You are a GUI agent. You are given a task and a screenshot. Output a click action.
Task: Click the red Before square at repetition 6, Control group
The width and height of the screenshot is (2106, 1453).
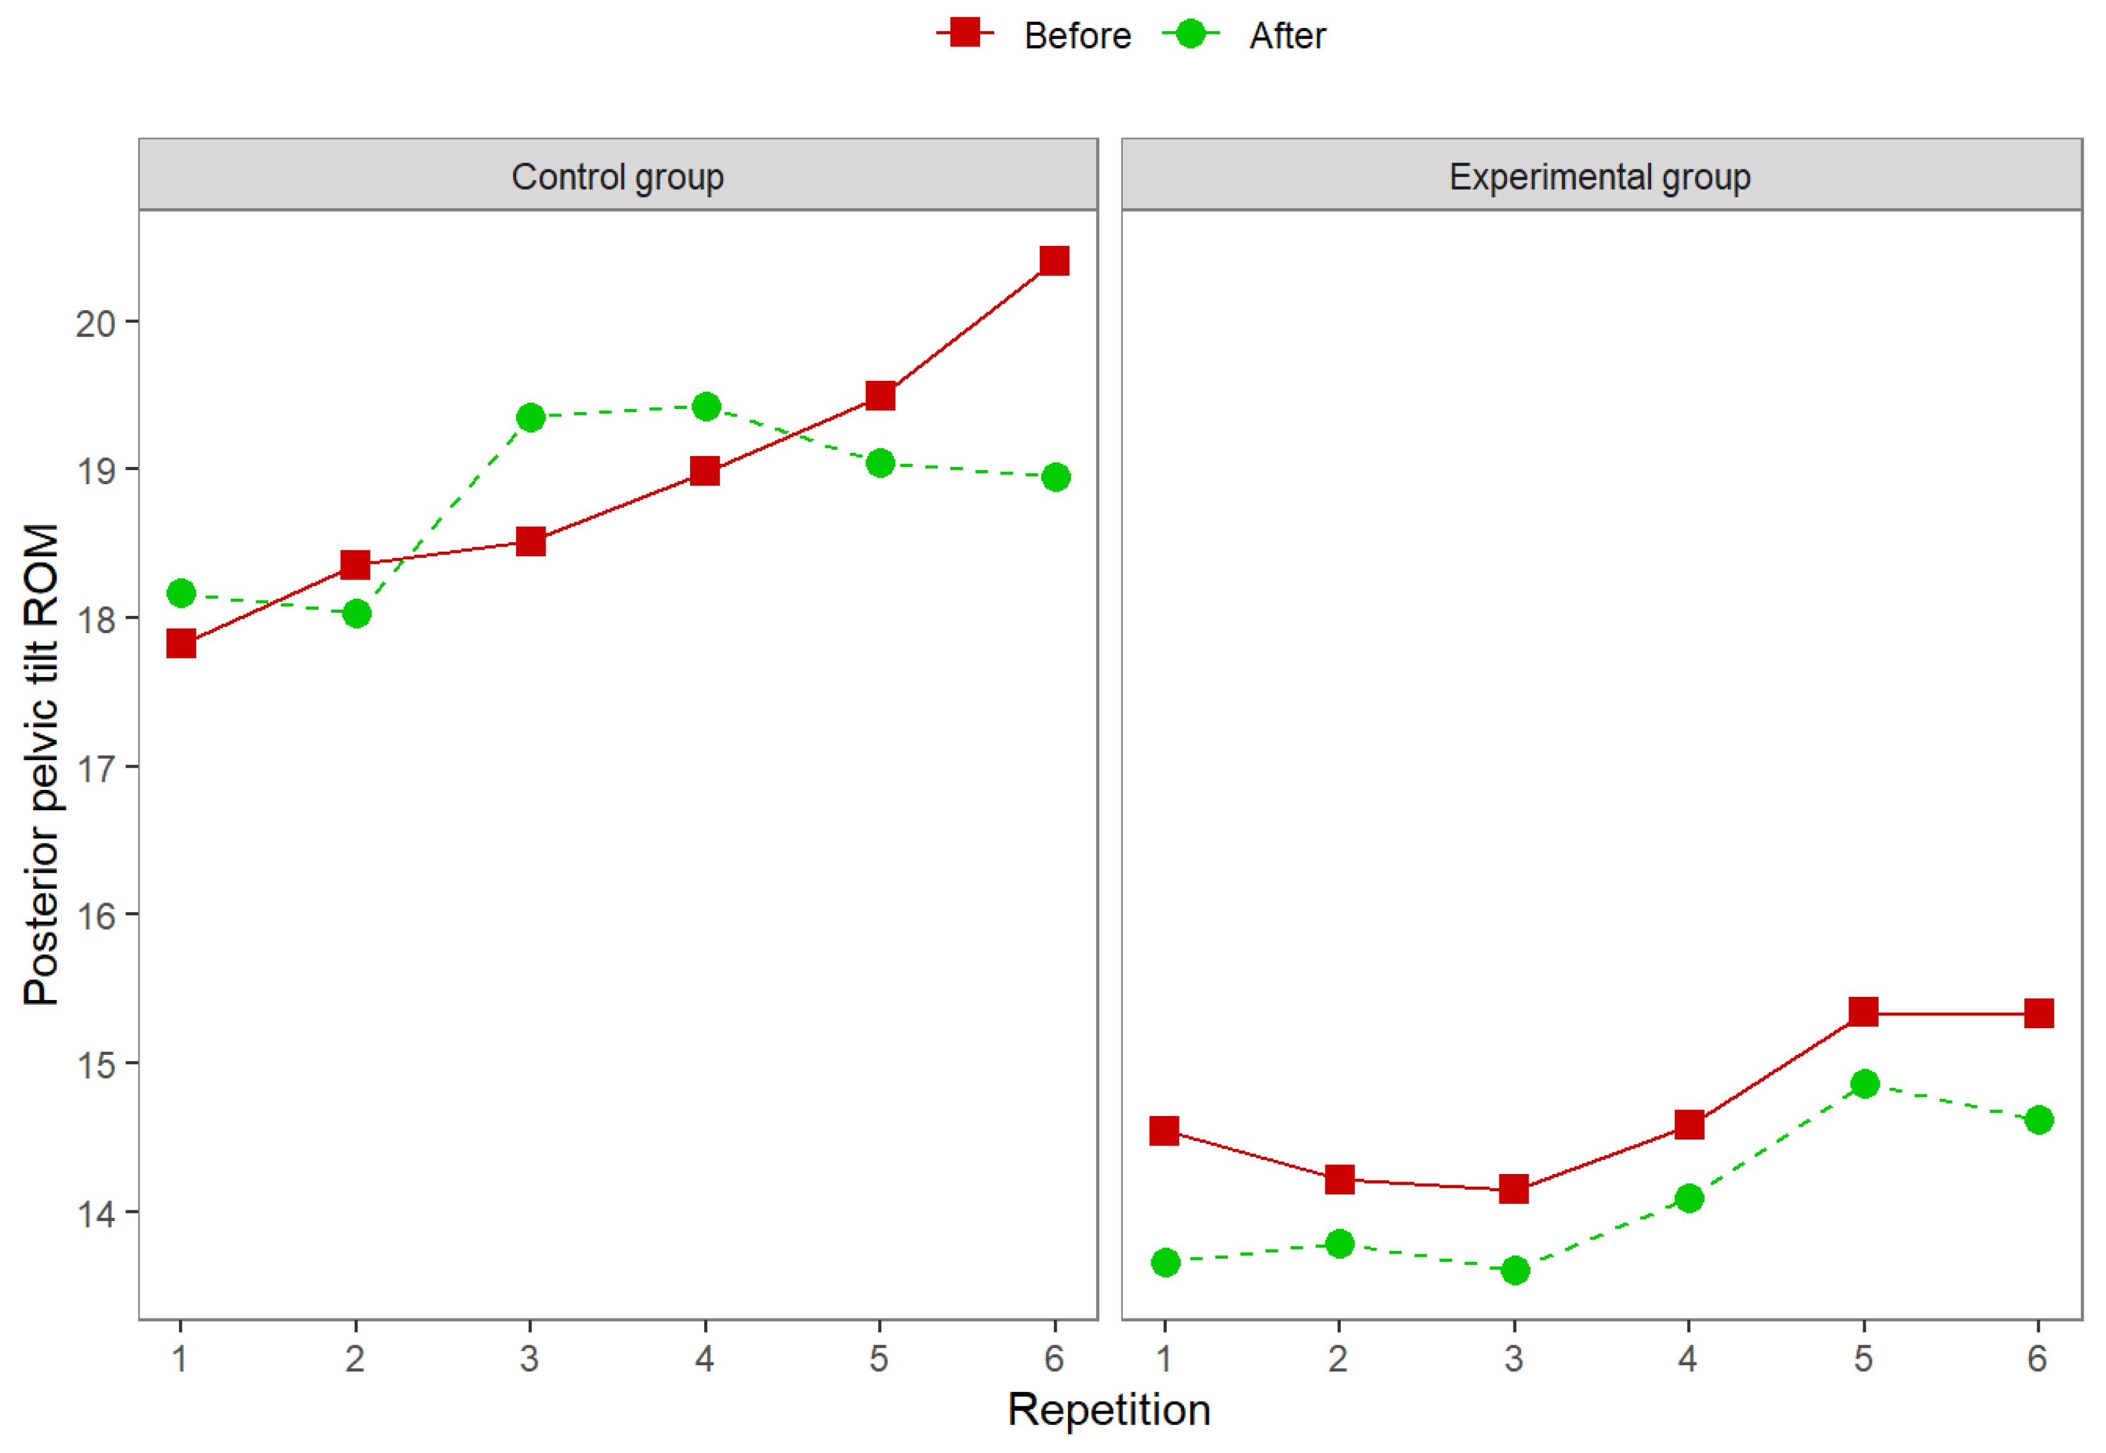[x=1055, y=261]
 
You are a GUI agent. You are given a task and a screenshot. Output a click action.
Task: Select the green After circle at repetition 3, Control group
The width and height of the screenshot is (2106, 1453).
[x=530, y=418]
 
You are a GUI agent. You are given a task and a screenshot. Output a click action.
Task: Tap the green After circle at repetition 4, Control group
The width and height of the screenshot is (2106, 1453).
[x=705, y=406]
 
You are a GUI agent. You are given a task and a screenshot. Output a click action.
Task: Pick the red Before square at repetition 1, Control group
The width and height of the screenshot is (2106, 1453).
[x=181, y=643]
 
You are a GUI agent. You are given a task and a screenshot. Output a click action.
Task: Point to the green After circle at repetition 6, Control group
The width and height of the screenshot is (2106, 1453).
[x=1055, y=477]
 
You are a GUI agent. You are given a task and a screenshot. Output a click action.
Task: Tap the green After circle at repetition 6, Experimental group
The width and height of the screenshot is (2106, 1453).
[x=2038, y=1120]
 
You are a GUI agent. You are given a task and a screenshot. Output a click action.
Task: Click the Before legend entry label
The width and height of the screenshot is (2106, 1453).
[x=1077, y=36]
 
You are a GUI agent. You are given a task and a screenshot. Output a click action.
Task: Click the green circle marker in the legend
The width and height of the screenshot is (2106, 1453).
[x=1190, y=34]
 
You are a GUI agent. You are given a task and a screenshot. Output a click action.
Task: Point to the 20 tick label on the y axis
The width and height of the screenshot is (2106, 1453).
[x=95, y=323]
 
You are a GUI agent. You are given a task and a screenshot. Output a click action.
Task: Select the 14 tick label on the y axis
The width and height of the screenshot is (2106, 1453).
[x=95, y=1213]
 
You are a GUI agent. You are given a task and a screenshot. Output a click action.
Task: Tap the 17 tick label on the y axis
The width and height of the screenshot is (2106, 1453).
[x=95, y=768]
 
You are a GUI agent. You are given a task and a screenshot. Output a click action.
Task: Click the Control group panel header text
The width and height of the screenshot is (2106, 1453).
[x=617, y=176]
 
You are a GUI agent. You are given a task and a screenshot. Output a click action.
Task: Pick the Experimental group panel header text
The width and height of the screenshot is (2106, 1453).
[x=1600, y=176]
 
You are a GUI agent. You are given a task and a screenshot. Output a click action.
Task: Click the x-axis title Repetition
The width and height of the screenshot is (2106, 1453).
[x=1108, y=1410]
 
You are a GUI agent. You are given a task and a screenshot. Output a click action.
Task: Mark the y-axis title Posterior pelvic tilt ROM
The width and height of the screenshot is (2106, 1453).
[x=42, y=765]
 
